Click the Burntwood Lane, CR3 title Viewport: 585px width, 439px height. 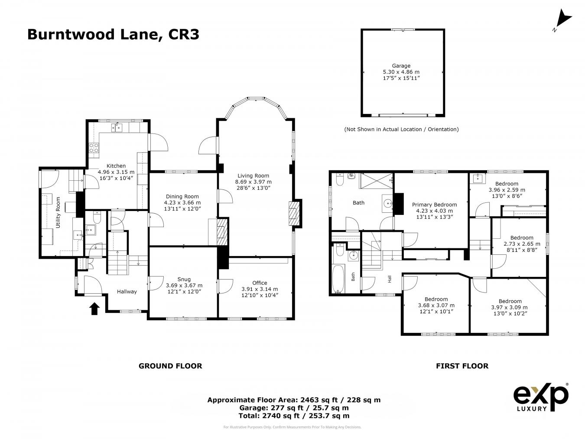pyautogui.click(x=113, y=34)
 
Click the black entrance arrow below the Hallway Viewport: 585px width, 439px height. pyautogui.click(x=94, y=308)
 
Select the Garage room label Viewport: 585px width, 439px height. pyautogui.click(x=401, y=66)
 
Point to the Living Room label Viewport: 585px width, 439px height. pyautogui.click(x=253, y=176)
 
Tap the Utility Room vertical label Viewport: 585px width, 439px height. pyautogui.click(x=58, y=212)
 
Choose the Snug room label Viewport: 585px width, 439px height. pyautogui.click(x=184, y=279)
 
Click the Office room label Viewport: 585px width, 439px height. pyautogui.click(x=260, y=283)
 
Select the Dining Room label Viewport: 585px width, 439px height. pyautogui.click(x=182, y=196)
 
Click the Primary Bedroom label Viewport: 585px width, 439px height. pyautogui.click(x=434, y=205)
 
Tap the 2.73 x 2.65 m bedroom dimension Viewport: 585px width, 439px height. pyautogui.click(x=521, y=244)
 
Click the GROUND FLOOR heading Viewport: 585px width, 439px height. pyautogui.click(x=170, y=366)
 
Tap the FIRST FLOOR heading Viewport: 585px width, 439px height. pyautogui.click(x=462, y=366)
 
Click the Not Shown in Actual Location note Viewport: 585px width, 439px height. pyautogui.click(x=401, y=129)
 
